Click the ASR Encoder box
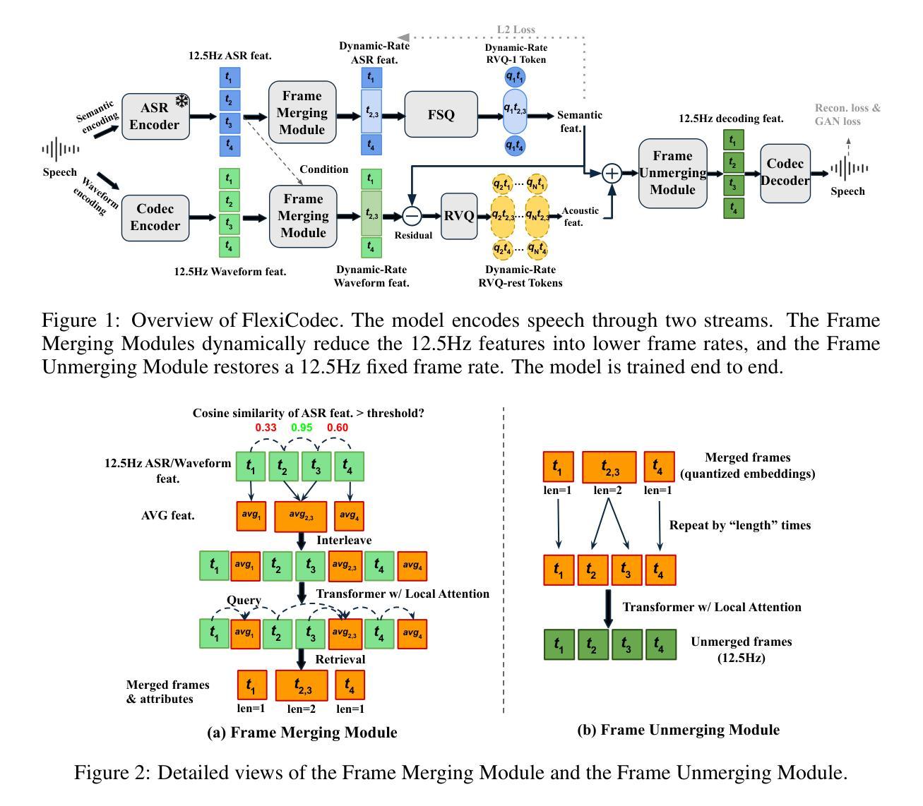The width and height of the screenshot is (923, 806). [155, 116]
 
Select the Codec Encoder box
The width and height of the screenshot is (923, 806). [155, 217]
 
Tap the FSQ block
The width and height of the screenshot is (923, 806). [441, 114]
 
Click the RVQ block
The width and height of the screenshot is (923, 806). [459, 215]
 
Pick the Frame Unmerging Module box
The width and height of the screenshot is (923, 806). [673, 173]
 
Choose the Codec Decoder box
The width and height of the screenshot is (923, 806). [785, 172]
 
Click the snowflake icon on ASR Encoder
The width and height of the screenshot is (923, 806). [182, 101]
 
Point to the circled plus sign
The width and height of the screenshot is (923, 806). [612, 173]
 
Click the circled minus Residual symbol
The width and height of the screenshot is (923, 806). [412, 215]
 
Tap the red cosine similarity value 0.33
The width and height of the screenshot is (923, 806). [266, 428]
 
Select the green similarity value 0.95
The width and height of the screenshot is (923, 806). [302, 428]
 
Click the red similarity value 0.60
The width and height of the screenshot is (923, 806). [338, 428]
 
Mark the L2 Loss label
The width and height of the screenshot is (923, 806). [516, 30]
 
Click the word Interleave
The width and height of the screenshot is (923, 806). [344, 540]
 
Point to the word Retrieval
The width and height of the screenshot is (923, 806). [340, 659]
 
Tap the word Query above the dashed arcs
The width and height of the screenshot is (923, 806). [244, 600]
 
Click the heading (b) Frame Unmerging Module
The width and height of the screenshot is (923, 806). [678, 730]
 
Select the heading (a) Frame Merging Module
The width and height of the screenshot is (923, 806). [302, 733]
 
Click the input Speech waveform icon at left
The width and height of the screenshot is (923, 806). [60, 150]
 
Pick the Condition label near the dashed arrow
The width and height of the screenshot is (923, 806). [323, 169]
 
